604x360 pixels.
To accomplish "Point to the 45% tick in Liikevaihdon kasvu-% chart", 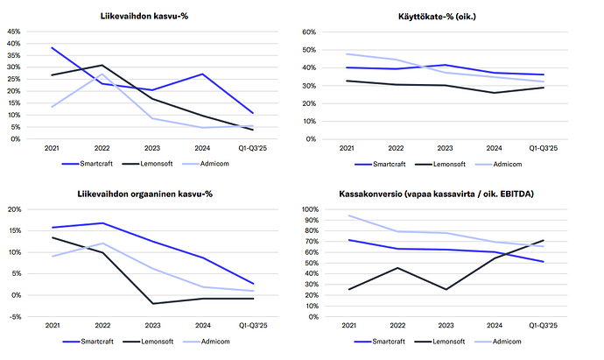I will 14,32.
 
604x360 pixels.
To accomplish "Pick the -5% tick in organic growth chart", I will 16,316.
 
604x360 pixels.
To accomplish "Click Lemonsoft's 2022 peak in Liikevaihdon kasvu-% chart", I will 102,65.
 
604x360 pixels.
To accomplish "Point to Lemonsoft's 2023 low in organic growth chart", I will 153,304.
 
